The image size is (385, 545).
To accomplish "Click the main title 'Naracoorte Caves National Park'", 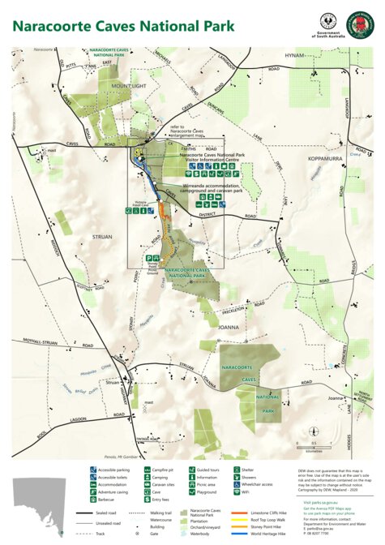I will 122,26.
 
